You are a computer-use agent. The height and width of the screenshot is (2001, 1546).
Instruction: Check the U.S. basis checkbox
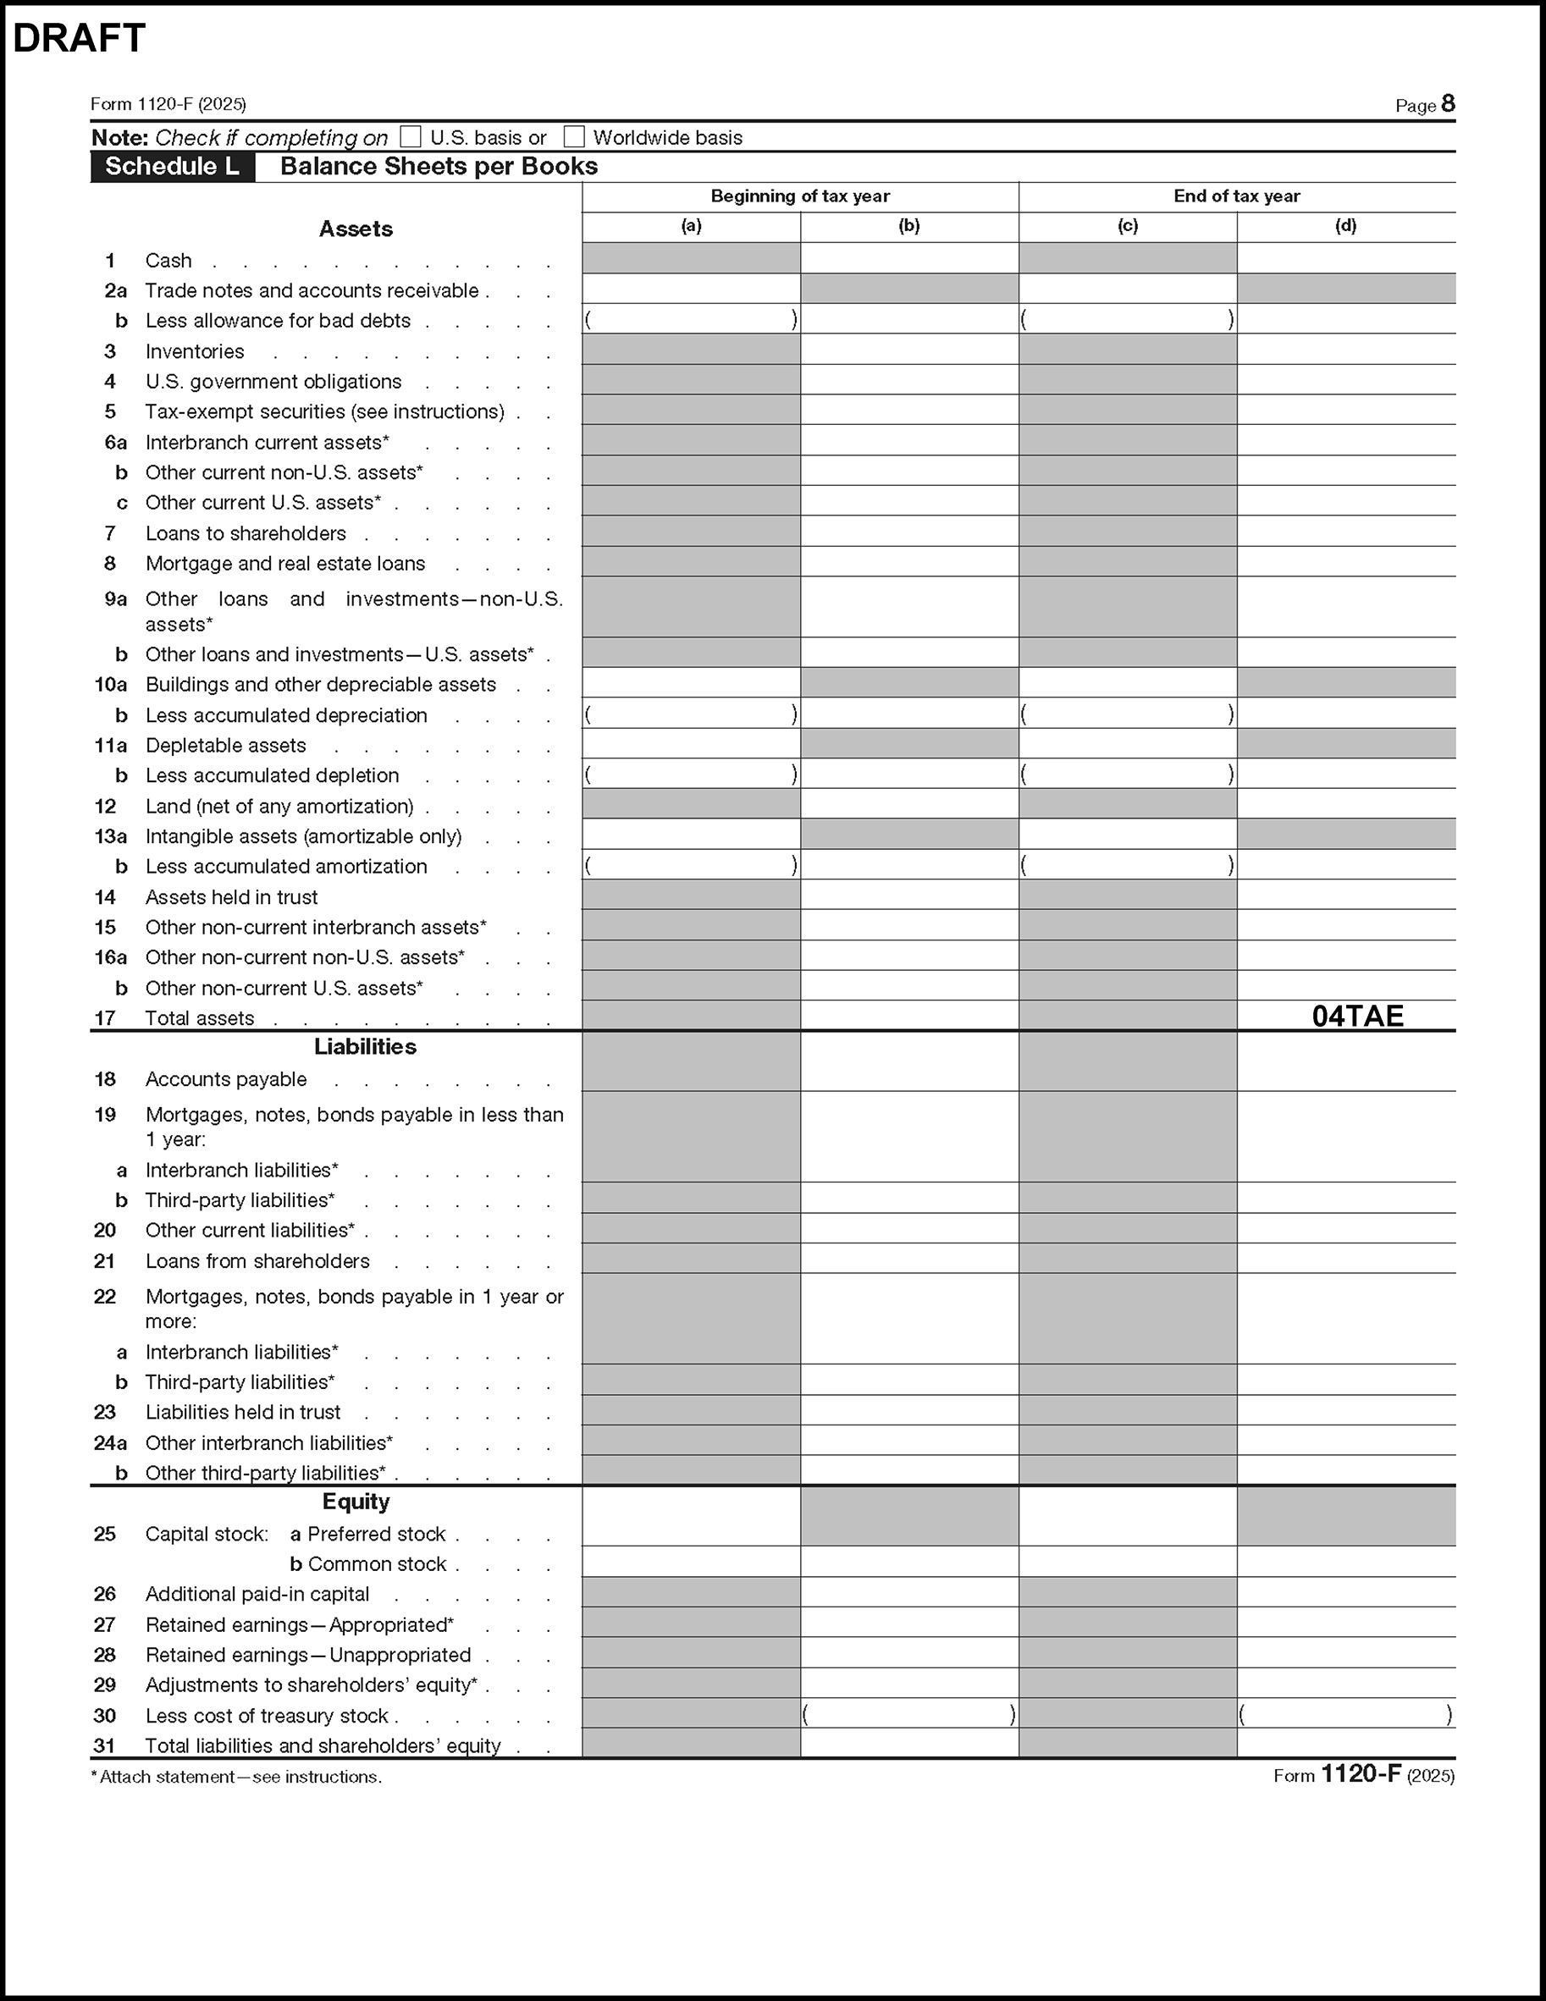pos(411,137)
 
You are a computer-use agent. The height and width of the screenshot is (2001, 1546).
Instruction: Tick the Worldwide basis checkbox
pos(574,137)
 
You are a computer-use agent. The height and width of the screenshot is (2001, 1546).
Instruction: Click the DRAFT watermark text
pos(79,38)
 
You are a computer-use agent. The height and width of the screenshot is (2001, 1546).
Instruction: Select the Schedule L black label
pos(172,167)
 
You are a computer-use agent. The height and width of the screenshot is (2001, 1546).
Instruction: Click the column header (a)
pos(691,226)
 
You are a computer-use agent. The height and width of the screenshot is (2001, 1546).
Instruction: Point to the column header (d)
pos(1345,226)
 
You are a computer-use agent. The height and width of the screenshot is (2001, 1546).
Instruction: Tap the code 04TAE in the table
pos(1357,1016)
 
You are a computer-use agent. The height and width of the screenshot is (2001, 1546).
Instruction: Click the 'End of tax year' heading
pos(1236,196)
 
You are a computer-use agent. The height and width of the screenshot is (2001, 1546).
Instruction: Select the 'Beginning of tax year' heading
pos(800,196)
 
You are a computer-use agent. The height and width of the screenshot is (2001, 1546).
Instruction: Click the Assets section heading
pos(356,229)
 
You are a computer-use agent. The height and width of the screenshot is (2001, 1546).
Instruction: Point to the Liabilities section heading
pos(365,1046)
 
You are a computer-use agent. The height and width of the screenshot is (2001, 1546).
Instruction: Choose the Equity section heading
pos(356,1501)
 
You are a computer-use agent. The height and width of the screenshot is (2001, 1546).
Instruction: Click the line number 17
pos(105,1018)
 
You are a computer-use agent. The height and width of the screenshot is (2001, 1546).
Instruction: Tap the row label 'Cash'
pos(168,261)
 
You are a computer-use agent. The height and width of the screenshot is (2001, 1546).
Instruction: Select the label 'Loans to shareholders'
pos(246,533)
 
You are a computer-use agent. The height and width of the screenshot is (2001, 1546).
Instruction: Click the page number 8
pos(1447,103)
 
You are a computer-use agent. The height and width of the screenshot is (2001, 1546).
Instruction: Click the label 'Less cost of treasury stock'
pos(267,1715)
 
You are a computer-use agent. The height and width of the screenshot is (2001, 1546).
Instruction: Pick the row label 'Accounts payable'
pos(225,1079)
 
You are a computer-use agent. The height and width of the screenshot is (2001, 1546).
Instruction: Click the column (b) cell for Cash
pos(909,258)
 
